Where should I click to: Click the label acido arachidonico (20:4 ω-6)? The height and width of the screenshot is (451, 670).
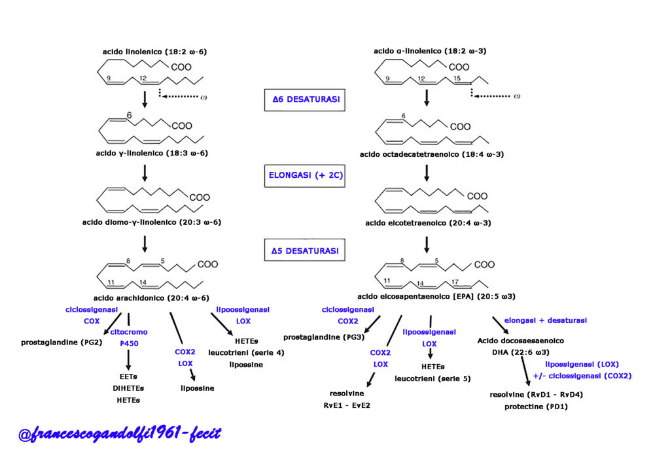[x=151, y=298]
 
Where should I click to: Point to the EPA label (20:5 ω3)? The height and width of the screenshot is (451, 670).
[x=436, y=297]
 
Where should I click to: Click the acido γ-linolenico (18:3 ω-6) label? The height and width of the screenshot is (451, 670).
[x=152, y=153]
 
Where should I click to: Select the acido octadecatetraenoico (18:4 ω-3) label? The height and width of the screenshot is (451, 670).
[x=432, y=154]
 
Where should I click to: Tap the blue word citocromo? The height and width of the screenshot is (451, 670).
[x=129, y=332]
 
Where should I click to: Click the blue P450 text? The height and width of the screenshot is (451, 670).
[x=129, y=343]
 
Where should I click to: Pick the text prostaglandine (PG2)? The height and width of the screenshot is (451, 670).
[x=62, y=342]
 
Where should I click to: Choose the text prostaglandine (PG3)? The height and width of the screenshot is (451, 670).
[x=324, y=337]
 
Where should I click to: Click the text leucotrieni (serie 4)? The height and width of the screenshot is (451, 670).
[x=246, y=353]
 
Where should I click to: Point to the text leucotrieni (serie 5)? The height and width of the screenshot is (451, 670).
[x=432, y=379]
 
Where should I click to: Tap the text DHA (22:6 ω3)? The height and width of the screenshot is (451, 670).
[x=520, y=352]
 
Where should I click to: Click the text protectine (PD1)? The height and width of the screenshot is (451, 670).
[x=536, y=407]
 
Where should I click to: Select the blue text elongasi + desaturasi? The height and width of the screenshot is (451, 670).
[x=545, y=320]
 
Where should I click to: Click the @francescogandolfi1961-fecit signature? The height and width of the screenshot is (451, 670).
[x=120, y=434]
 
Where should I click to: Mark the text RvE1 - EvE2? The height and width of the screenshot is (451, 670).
[x=347, y=405]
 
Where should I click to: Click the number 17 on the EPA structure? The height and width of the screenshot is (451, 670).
[x=455, y=282]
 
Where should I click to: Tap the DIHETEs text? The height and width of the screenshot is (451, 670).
[x=128, y=389]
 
